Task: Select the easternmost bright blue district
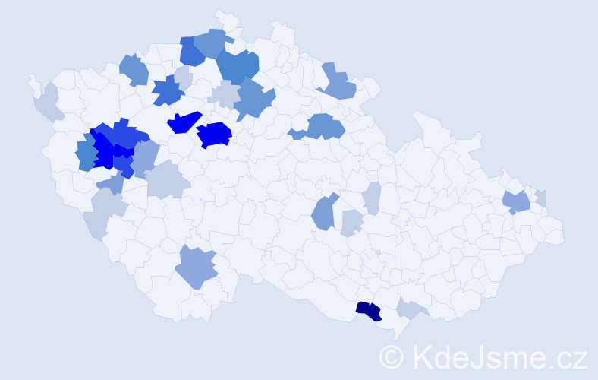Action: coord(215,135)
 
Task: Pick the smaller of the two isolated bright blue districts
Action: coord(183,122)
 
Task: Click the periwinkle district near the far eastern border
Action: coord(517,202)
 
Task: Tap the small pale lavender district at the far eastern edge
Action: coord(541,198)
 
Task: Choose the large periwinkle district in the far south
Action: coord(197,267)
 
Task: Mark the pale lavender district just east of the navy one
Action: coord(411,309)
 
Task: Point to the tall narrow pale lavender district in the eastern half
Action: coord(372,198)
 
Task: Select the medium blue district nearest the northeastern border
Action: coord(338,84)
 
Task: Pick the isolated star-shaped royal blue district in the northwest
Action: coord(168,92)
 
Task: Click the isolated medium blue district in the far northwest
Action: coord(134,70)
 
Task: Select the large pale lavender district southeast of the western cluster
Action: coord(166,181)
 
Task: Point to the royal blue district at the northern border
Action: coord(191,52)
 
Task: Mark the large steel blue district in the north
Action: coord(238,66)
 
